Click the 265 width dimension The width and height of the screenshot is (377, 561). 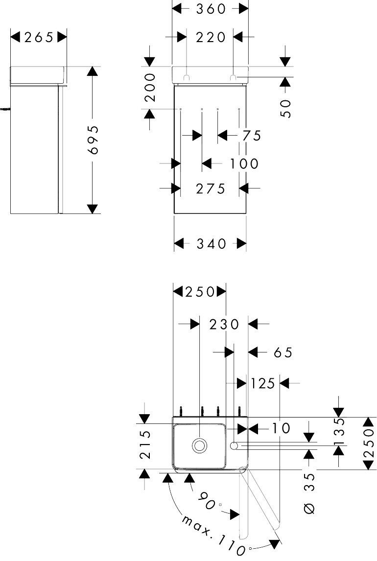click(39, 37)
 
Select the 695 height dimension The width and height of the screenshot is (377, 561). click(93, 140)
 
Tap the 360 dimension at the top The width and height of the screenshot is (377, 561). click(211, 9)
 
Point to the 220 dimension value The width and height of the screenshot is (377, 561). click(211, 37)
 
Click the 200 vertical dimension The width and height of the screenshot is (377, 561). click(150, 87)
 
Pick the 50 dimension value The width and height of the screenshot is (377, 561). click(286, 108)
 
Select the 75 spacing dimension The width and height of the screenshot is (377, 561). click(252, 136)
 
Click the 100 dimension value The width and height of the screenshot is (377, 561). click(244, 164)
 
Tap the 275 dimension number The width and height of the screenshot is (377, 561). click(211, 188)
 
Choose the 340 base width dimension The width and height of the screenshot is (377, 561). click(212, 244)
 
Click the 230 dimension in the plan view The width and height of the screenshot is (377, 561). click(224, 325)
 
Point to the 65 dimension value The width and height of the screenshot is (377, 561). click(283, 352)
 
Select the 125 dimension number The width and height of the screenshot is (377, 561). click(262, 383)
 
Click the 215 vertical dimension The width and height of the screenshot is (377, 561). click(144, 444)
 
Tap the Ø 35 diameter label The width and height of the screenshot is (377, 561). click(310, 489)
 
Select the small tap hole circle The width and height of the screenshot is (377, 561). click(235, 446)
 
